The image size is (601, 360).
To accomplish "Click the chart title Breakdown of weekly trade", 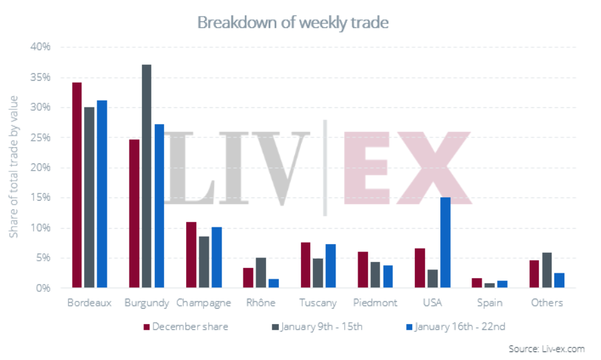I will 293,23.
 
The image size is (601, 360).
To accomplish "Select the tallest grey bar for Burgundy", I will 146,177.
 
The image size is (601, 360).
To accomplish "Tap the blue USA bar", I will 445,243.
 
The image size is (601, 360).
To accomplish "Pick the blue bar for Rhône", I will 273,283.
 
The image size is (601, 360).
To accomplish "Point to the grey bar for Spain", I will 490,285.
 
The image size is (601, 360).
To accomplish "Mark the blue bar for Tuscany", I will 330,266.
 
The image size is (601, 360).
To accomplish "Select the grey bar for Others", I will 547,270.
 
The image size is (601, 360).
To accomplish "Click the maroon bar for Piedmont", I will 362,269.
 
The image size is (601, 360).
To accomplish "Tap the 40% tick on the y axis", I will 41,47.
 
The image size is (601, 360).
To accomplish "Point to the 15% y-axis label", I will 41,198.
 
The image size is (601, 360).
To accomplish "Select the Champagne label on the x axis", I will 203,303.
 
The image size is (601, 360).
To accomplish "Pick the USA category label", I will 432,303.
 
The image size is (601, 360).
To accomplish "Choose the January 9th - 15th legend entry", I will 318,327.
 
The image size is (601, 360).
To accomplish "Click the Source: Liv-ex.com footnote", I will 546,349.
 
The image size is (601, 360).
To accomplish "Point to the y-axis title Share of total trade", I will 14,167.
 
